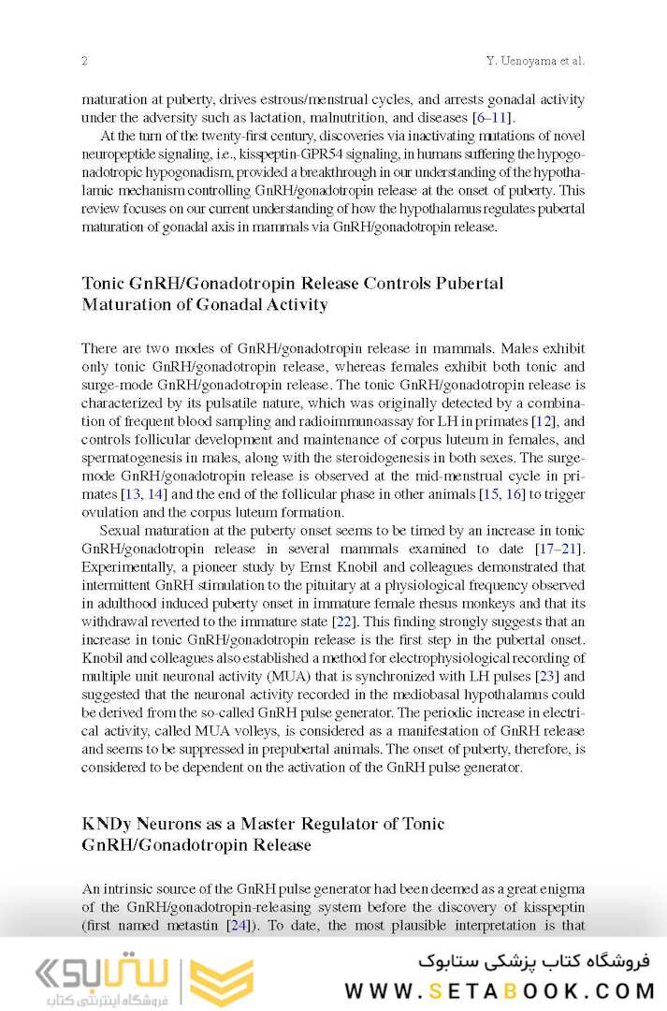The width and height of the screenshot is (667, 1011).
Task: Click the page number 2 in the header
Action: (84, 61)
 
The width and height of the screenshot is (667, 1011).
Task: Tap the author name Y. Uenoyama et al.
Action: (535, 61)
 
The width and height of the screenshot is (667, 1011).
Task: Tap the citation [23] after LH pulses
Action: (548, 676)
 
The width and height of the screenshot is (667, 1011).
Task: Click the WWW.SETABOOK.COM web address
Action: (500, 990)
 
